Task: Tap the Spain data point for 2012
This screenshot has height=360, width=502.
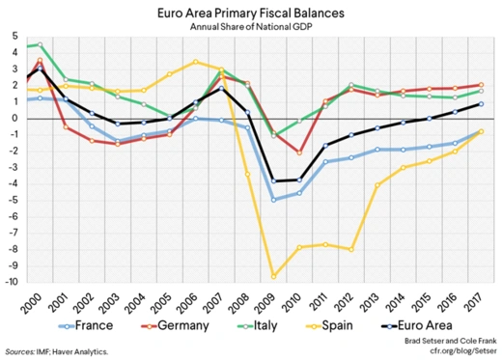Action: (x=352, y=249)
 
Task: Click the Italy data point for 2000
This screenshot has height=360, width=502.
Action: (x=40, y=44)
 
